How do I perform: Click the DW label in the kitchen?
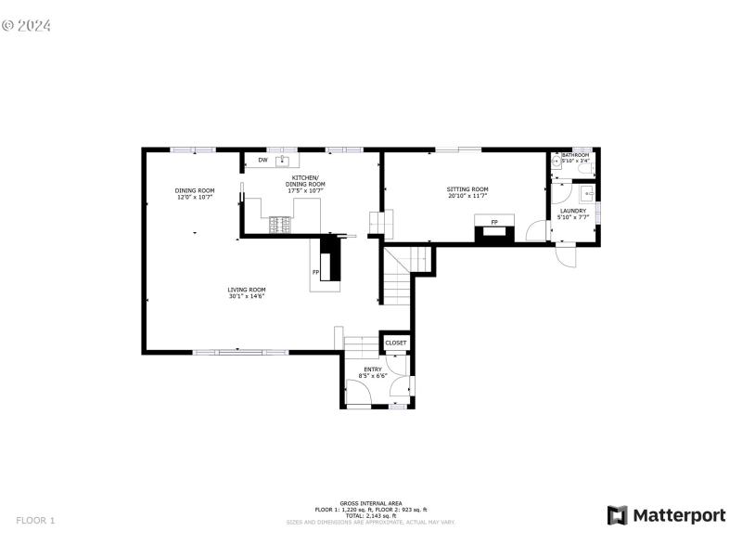[x=262, y=161]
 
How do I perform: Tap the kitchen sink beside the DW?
[x=282, y=161]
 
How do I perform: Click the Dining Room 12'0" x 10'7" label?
[x=195, y=194]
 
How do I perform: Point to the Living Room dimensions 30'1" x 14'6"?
[x=247, y=296]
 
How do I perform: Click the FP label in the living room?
[x=316, y=272]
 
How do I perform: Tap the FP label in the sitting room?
[x=494, y=223]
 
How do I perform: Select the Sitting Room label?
[x=467, y=189]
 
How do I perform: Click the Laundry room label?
[x=572, y=211]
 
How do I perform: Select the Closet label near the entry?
[x=396, y=343]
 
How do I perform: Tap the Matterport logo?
[x=666, y=515]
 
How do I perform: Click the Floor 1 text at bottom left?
[x=35, y=521]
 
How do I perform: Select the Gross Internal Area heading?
[x=370, y=504]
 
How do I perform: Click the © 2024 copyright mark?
[x=26, y=25]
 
